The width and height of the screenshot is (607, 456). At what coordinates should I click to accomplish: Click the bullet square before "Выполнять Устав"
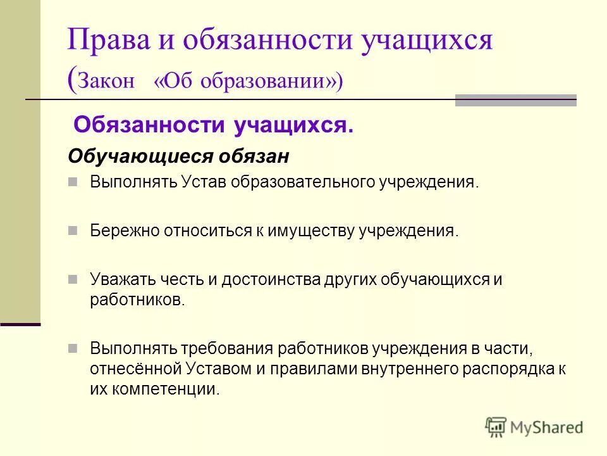tap(73, 182)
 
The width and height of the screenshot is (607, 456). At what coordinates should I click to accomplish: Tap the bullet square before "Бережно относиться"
tap(73, 229)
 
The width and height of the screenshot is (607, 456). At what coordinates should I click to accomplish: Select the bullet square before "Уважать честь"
tap(73, 279)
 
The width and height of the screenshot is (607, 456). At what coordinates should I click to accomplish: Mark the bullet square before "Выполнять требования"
tap(73, 348)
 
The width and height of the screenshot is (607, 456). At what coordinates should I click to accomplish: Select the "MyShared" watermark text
tap(547, 427)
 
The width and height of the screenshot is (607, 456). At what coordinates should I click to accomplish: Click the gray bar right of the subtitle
tap(515, 100)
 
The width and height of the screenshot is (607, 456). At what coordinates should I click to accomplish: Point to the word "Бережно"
tap(125, 230)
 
